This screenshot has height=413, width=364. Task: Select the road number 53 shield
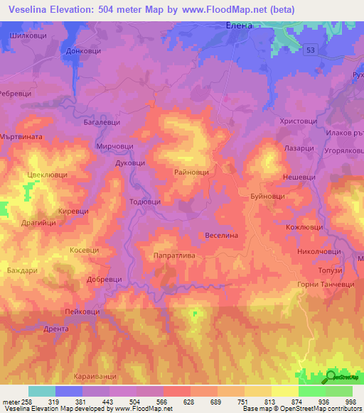[311, 50]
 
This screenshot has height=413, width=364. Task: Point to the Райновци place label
[191, 172]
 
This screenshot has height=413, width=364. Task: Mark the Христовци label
[298, 122]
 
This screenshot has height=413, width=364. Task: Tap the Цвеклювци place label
[46, 172]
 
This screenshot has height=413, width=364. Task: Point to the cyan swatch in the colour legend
[41, 391]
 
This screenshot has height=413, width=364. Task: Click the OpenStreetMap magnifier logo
[333, 377]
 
